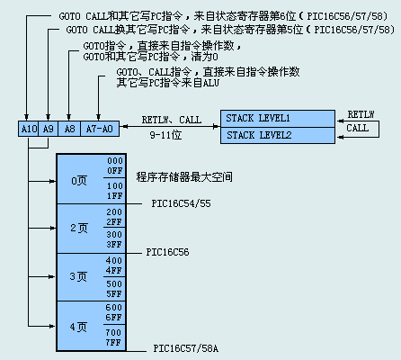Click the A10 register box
(x=29, y=129)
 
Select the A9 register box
(x=49, y=129)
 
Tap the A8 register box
(x=69, y=129)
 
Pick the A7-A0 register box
(x=100, y=129)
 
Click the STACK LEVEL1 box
(x=278, y=119)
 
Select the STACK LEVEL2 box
(x=278, y=135)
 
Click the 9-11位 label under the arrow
(x=165, y=135)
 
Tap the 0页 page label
(x=79, y=181)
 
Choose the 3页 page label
(x=78, y=276)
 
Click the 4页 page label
(x=78, y=327)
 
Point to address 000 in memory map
(x=115, y=161)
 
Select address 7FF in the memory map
(x=113, y=342)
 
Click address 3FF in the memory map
(x=114, y=245)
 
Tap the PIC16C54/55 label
(x=181, y=203)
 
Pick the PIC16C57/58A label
(x=186, y=348)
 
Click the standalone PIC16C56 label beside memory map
(x=167, y=252)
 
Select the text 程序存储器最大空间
(x=184, y=177)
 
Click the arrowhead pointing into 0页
(x=53, y=181)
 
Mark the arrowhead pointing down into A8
(x=69, y=117)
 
